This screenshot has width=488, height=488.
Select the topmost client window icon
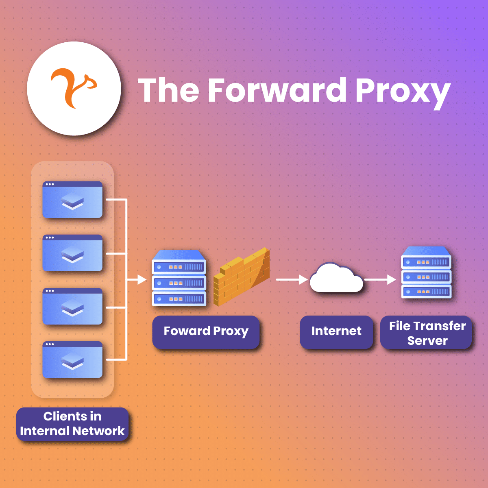pyautogui.click(x=72, y=200)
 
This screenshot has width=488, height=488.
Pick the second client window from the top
pyautogui.click(x=72, y=253)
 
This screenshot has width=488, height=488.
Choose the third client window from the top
pyautogui.click(x=72, y=306)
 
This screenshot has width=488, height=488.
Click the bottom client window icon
pyautogui.click(x=72, y=359)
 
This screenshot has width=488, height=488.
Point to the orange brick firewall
pyautogui.click(x=242, y=277)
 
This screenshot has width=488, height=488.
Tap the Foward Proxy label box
pyautogui.click(x=206, y=331)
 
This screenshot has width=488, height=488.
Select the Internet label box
pyautogui.click(x=336, y=331)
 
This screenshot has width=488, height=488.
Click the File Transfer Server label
pyautogui.click(x=427, y=333)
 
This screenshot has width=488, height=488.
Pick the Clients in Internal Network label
pyautogui.click(x=72, y=424)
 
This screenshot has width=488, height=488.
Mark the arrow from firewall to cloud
pyautogui.click(x=292, y=279)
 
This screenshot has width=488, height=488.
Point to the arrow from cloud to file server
pyautogui.click(x=380, y=279)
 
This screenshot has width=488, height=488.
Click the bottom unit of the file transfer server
pyautogui.click(x=426, y=291)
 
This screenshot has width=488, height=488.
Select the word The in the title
pyautogui.click(x=169, y=90)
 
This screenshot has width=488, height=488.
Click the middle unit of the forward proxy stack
pyautogui.click(x=179, y=282)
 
